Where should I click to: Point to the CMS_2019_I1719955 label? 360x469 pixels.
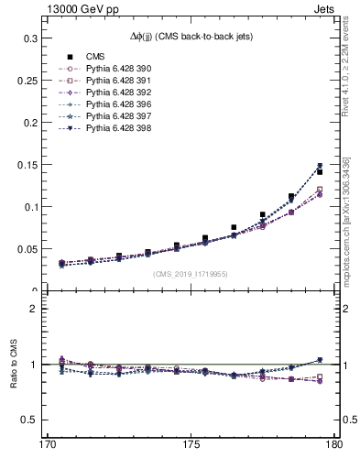pos(191,273)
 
